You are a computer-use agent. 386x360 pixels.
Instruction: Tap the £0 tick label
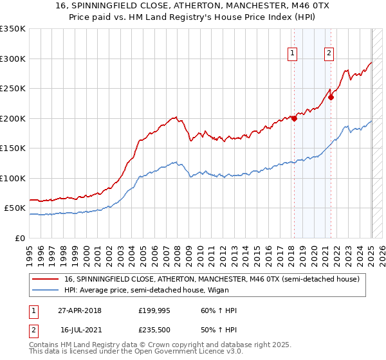(x=19, y=238)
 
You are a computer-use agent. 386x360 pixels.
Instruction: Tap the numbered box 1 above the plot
(x=293, y=53)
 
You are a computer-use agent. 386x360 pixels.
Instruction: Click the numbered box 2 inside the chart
(x=329, y=53)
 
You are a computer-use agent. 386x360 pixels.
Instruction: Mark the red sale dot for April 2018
(x=294, y=118)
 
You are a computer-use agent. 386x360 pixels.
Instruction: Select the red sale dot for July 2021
(x=331, y=97)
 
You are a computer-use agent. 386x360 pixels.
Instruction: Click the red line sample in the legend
(x=46, y=279)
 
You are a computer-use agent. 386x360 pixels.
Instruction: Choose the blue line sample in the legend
(x=46, y=290)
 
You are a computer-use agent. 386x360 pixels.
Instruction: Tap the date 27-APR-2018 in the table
(x=80, y=311)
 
